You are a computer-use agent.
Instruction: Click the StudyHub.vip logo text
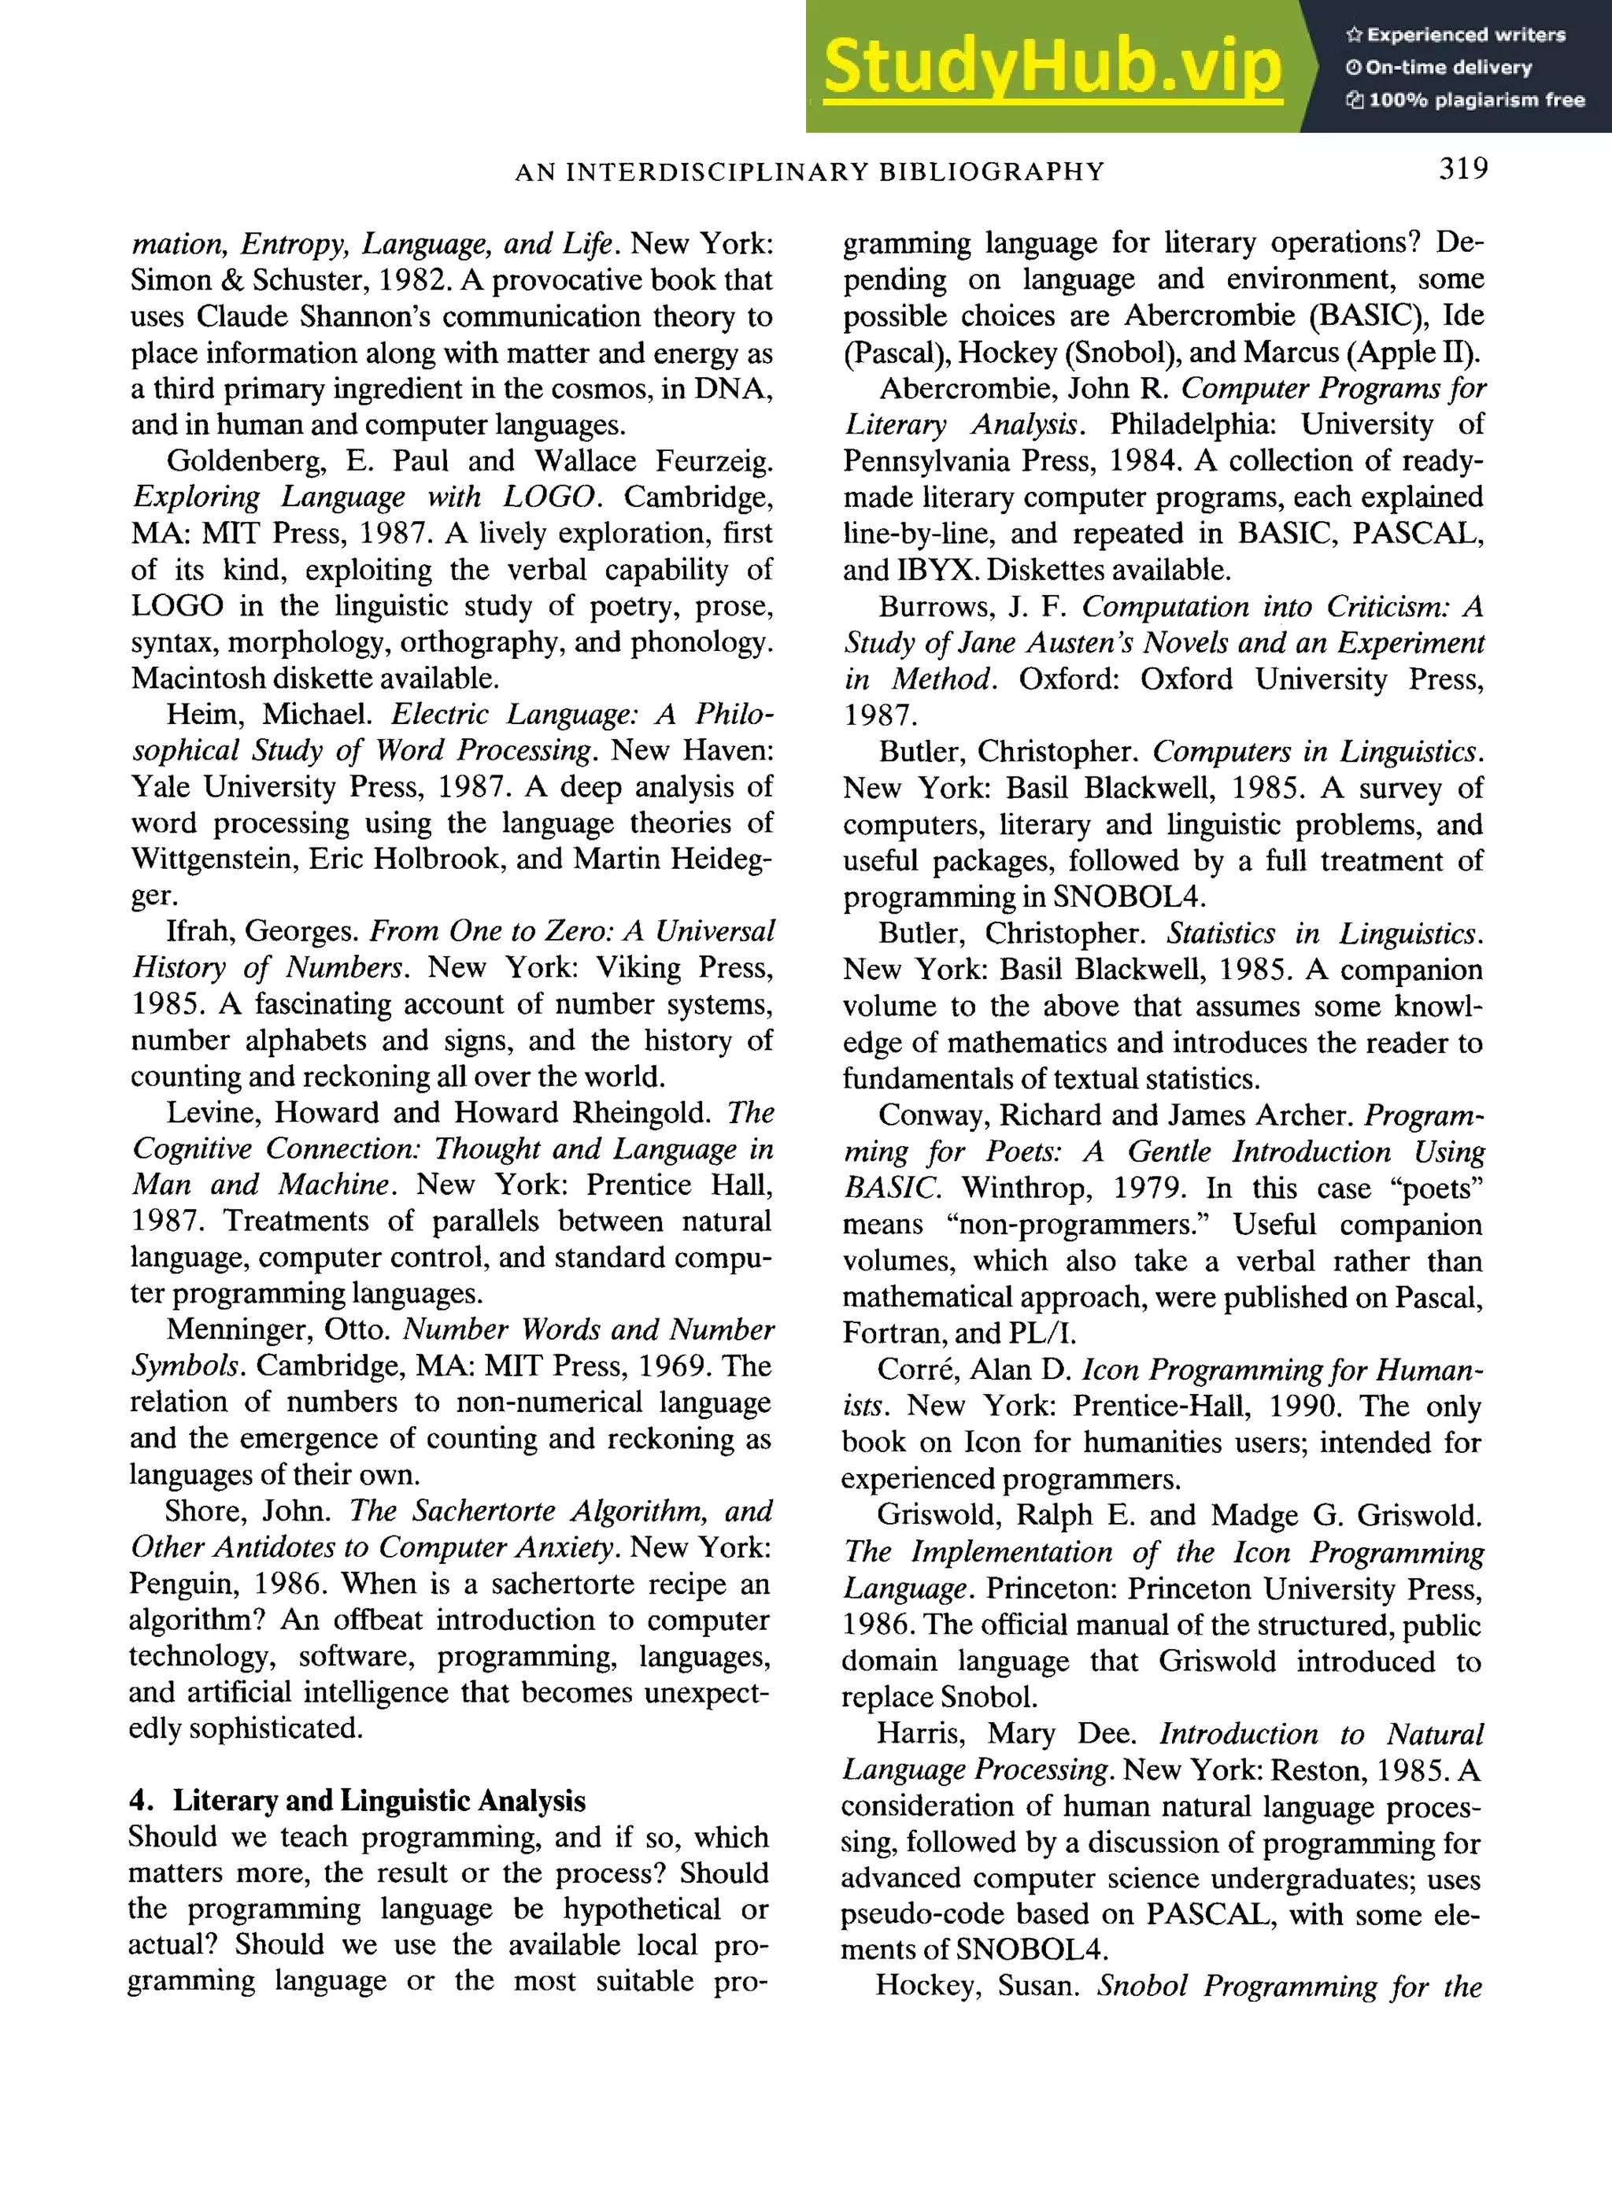coord(1052,66)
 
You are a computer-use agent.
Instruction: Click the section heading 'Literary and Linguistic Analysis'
coord(379,1801)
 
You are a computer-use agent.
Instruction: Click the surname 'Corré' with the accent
coord(916,1370)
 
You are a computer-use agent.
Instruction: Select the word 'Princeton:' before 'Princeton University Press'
coord(1052,1589)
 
